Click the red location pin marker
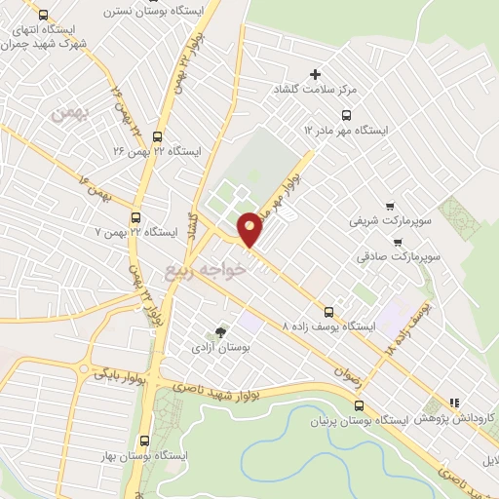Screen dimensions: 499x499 tap(250, 228)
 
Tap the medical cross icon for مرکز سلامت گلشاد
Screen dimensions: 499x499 tap(315, 74)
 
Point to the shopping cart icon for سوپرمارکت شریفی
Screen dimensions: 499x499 tap(391, 206)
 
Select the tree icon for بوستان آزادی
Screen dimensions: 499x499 tap(219, 332)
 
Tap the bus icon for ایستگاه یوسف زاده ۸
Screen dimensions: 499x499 tap(328, 313)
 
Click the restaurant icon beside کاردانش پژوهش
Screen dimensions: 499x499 tap(454, 402)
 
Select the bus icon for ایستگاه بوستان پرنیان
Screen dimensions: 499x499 tap(355, 404)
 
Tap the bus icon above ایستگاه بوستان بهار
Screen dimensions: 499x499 tap(144, 441)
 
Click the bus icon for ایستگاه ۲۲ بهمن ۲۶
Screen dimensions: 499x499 tap(159, 136)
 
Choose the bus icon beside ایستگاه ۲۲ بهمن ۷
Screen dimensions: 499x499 tap(135, 218)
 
